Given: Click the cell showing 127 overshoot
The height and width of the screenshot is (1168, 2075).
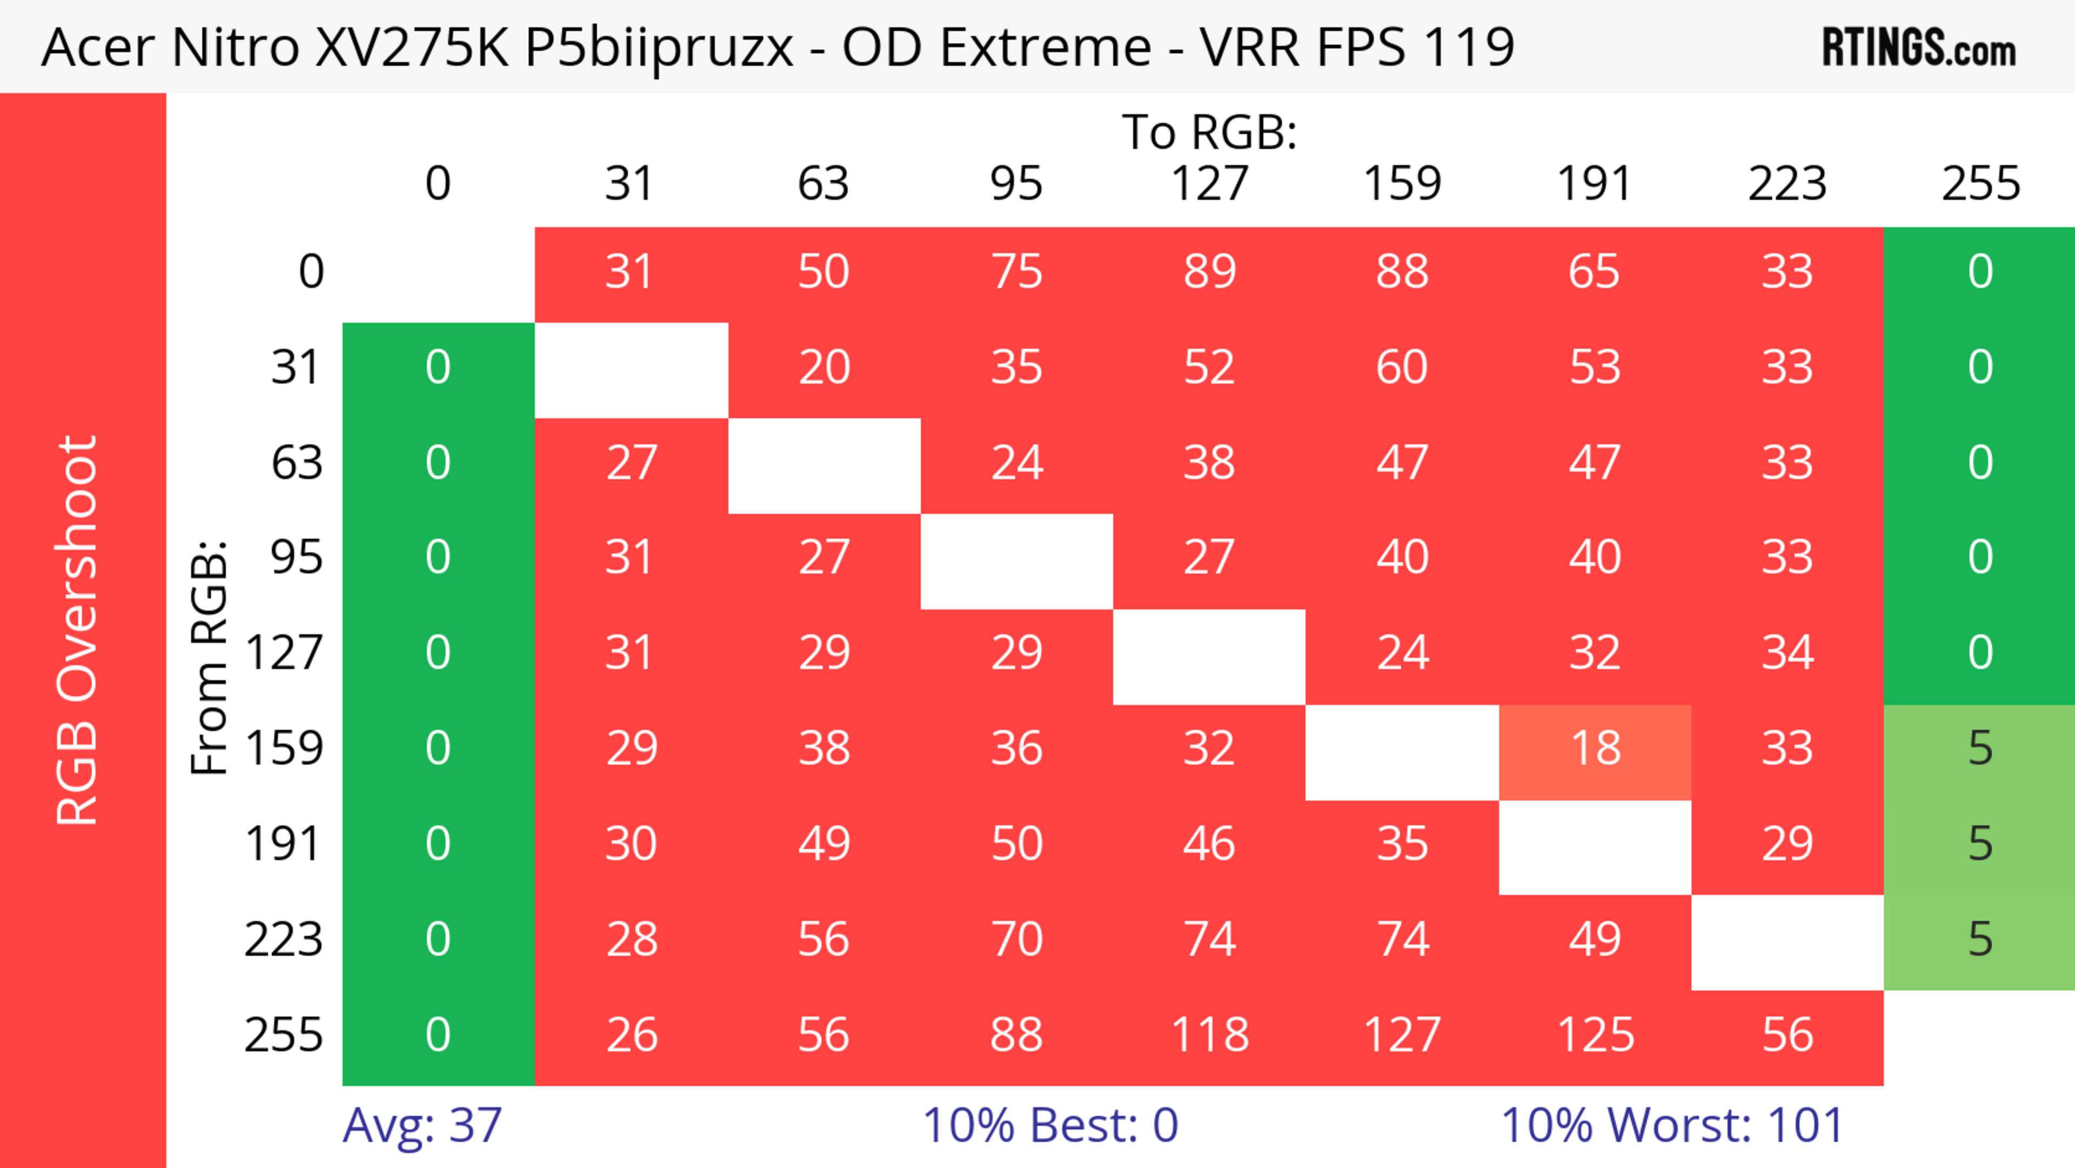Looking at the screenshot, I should pyautogui.click(x=1402, y=1035).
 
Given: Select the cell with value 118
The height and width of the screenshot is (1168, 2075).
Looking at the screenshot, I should pyautogui.click(x=1209, y=1035).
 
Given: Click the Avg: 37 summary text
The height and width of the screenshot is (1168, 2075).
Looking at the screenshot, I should pyautogui.click(x=422, y=1125).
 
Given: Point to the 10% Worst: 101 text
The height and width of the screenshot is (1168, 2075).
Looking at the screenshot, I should pyautogui.click(x=1672, y=1125).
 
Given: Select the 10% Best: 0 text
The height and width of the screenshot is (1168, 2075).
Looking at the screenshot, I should pyautogui.click(x=1050, y=1125).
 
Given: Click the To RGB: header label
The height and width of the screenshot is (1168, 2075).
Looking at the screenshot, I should pyautogui.click(x=1209, y=132).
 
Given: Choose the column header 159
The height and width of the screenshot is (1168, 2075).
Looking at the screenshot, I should pyautogui.click(x=1402, y=184).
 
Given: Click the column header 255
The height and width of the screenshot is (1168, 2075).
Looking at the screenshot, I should pyautogui.click(x=1980, y=184).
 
